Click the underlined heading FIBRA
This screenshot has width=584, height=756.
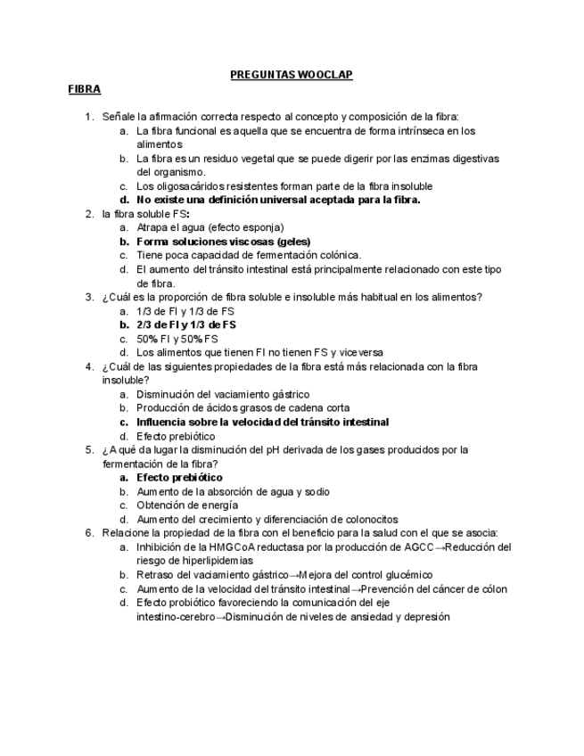tap(85, 89)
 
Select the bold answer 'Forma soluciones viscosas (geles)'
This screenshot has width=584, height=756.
tap(223, 241)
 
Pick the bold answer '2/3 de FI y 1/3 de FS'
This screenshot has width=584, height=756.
tap(186, 325)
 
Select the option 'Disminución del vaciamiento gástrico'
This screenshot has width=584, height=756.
tap(223, 394)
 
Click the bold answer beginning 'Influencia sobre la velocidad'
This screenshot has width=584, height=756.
tap(263, 422)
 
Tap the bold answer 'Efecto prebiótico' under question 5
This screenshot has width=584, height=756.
tap(179, 478)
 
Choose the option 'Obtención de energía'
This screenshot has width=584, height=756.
tap(187, 505)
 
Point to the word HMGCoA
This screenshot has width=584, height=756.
tap(233, 546)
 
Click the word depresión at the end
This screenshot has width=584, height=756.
tap(424, 617)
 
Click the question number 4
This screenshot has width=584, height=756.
tap(89, 366)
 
